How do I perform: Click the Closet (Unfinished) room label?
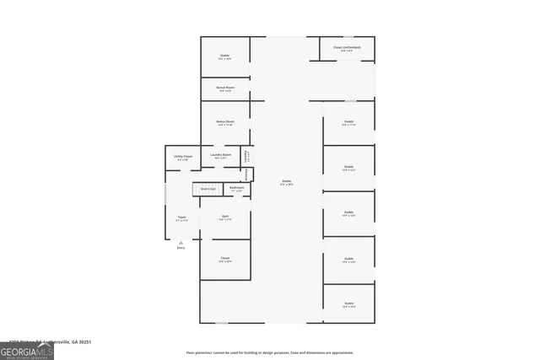pyautogui.click(x=346, y=47)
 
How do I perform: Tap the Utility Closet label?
pyautogui.click(x=183, y=157)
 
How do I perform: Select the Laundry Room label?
pyautogui.click(x=221, y=155)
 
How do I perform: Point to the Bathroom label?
pyautogui.click(x=237, y=189)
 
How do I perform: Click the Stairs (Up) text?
pyautogui.click(x=208, y=189)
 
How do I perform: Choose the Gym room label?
pyautogui.click(x=225, y=217)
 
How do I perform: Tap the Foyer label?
pyautogui.click(x=181, y=218)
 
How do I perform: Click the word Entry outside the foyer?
pyautogui.click(x=181, y=248)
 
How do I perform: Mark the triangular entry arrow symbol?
pyautogui.click(x=181, y=242)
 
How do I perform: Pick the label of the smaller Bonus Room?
pyautogui.click(x=225, y=88)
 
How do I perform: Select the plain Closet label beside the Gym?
pyautogui.click(x=225, y=258)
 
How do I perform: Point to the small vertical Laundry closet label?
pyautogui.click(x=246, y=155)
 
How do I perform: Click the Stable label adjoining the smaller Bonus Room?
pyautogui.click(x=225, y=56)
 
